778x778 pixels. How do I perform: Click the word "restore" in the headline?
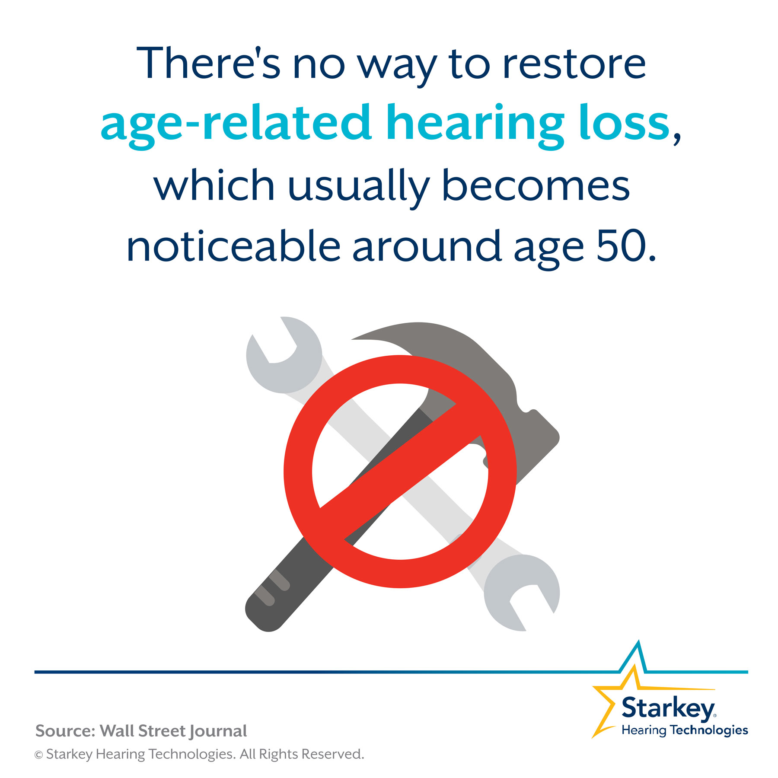point(574,64)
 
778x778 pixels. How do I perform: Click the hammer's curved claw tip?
point(353,339)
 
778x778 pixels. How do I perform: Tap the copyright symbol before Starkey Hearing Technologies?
point(39,755)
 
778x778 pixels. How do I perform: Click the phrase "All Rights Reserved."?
point(302,754)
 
